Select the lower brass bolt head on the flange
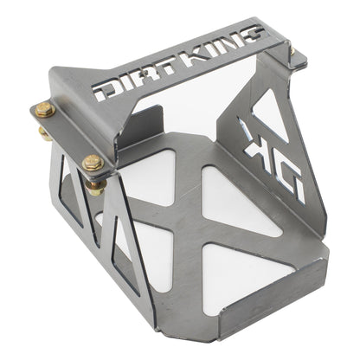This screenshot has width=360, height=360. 93,162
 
